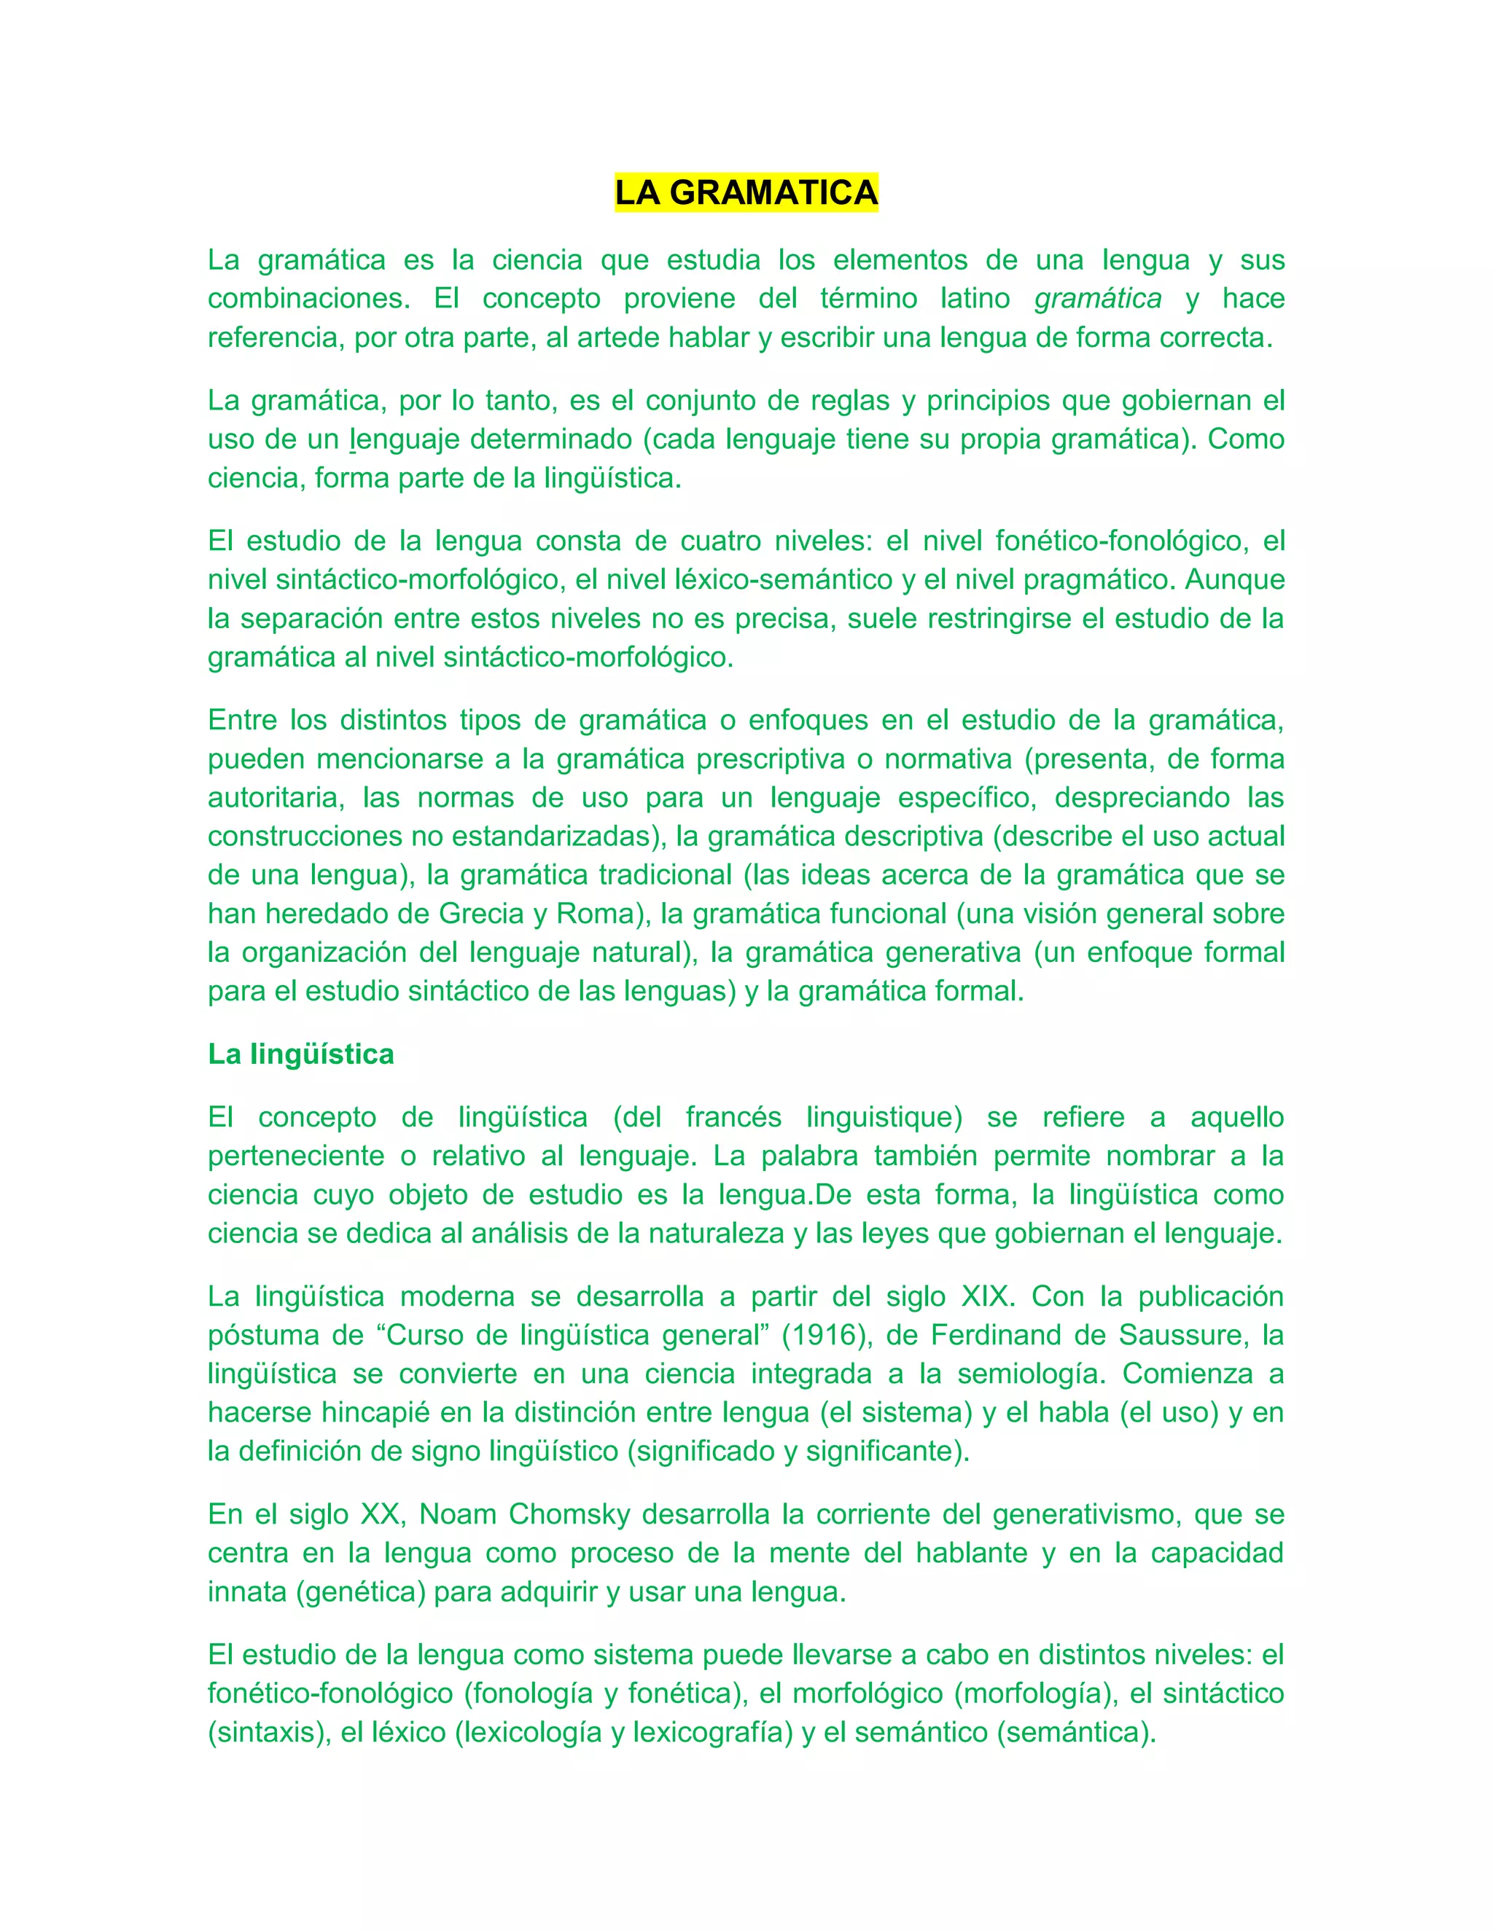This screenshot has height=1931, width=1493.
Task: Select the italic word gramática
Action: [1098, 299]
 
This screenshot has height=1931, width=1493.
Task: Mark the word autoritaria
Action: [274, 797]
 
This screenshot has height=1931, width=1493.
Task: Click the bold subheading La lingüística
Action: [301, 1054]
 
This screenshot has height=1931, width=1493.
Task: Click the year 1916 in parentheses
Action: [822, 1335]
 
